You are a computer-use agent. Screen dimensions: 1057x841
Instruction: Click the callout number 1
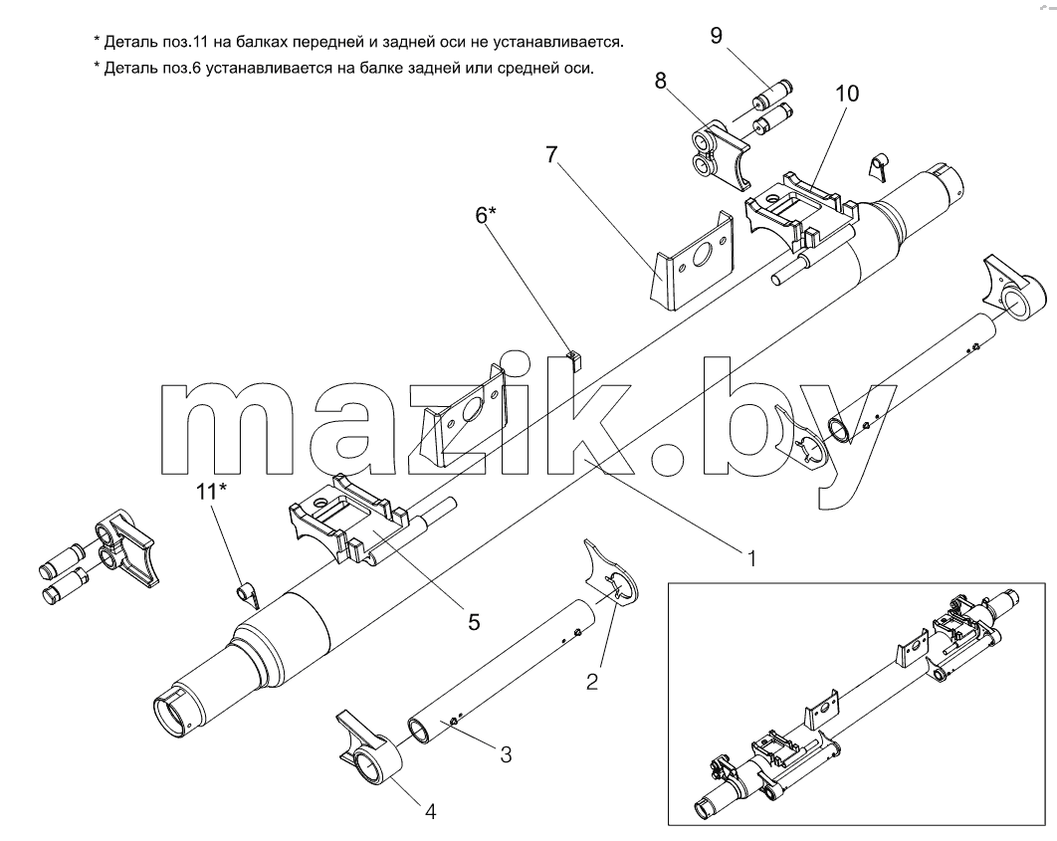coord(750,558)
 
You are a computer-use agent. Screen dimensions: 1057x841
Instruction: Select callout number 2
coord(592,682)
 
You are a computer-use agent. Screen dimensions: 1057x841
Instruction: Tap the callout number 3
coord(506,754)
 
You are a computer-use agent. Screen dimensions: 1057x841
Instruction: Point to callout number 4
coord(430,811)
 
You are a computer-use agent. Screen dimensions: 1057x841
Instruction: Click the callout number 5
coord(474,621)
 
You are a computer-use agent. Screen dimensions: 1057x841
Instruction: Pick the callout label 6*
coord(486,215)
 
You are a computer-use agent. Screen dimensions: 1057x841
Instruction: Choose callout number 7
coord(552,155)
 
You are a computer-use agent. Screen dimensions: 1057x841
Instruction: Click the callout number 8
coord(660,81)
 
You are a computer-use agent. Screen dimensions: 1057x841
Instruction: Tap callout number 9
coord(716,35)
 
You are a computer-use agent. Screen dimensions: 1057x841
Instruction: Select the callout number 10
coord(847,93)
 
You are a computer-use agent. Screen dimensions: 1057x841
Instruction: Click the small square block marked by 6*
coord(573,360)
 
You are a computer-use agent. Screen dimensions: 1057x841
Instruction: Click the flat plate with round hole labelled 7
coord(692,261)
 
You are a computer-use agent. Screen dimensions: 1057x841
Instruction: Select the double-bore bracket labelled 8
coord(718,154)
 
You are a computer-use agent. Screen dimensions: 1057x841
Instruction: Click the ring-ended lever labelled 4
coord(369,747)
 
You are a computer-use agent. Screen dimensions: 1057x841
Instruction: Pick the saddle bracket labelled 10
coord(801,210)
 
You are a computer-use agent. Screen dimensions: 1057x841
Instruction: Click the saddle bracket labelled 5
coord(348,517)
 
